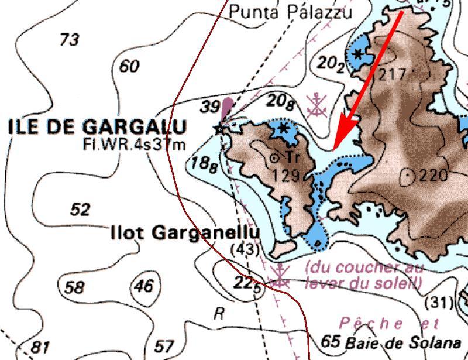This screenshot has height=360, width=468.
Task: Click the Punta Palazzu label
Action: (x=291, y=12)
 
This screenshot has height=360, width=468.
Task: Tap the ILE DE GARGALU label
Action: (x=98, y=127)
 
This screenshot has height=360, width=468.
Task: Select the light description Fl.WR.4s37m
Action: (x=135, y=144)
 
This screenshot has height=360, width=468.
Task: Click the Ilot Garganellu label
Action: (x=185, y=233)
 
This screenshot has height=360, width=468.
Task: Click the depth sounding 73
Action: (x=70, y=40)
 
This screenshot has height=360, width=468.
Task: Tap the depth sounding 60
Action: (x=129, y=66)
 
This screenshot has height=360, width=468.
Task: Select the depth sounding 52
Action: (x=80, y=209)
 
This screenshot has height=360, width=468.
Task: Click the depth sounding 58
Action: (x=74, y=287)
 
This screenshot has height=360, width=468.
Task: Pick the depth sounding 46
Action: (x=144, y=286)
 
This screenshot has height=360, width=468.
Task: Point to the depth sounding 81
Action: (x=39, y=347)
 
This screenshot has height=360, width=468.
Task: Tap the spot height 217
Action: (x=391, y=74)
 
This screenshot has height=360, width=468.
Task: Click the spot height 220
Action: (x=432, y=175)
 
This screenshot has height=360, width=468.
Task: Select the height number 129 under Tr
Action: (x=287, y=175)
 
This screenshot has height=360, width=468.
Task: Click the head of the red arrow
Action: (x=334, y=149)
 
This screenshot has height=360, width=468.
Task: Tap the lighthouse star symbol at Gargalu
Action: (x=221, y=128)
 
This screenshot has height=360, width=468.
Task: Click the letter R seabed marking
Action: (x=219, y=314)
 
